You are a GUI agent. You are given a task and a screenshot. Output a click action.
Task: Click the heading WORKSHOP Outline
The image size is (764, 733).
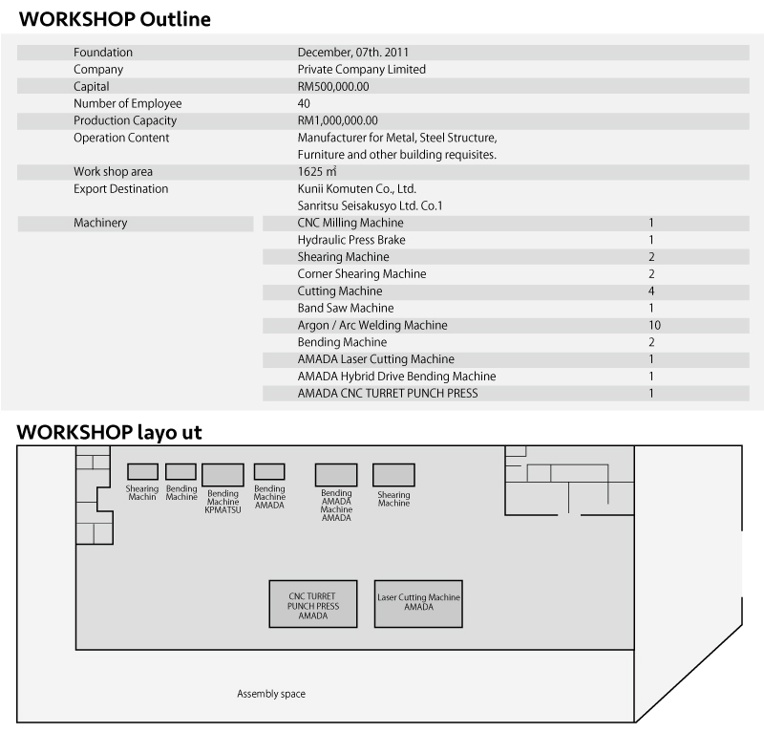115,19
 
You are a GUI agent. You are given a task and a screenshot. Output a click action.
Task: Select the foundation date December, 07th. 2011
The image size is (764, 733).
353,53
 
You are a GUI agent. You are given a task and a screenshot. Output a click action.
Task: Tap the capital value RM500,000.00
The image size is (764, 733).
333,87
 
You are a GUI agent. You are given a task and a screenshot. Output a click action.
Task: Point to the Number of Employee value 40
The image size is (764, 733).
304,103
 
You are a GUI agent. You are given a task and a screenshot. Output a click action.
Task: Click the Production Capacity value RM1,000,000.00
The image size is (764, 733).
338,120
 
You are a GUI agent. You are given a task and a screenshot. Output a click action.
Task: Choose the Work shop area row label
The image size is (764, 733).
113,172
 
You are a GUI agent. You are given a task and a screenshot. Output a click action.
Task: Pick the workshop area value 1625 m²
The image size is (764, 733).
317,172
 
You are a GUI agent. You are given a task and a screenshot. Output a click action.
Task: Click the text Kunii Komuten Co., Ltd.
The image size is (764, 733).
357,188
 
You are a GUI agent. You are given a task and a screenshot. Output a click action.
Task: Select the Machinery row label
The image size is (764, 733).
100,223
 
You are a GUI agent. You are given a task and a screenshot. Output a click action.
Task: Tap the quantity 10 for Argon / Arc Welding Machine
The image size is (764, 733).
654,325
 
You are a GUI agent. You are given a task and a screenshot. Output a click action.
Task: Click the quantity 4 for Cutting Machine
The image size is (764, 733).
651,291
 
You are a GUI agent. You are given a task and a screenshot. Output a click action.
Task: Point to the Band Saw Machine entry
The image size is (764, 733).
346,309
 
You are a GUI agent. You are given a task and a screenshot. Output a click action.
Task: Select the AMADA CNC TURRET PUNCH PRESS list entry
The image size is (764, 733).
388,394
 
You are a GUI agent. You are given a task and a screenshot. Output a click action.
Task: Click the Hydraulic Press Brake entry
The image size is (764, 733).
351,240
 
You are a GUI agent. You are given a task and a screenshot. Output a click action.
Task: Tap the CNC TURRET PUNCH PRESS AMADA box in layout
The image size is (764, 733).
313,604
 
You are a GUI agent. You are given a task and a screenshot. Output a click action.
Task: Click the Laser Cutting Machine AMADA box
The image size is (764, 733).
418,604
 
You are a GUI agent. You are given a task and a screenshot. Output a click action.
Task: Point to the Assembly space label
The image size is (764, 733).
271,694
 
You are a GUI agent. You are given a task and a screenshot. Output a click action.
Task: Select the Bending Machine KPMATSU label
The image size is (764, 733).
223,502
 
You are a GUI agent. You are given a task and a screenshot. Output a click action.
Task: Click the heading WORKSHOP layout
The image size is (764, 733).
109,433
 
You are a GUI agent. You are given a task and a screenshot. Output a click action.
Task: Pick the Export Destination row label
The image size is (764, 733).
121,188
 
